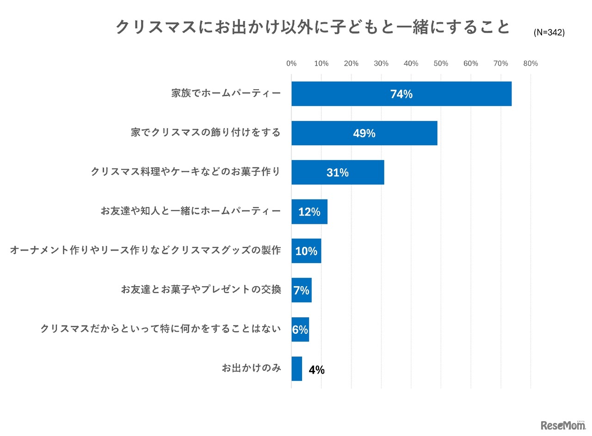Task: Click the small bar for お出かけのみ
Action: tap(296, 369)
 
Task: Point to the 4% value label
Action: tap(317, 370)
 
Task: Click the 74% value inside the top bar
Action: tap(401, 94)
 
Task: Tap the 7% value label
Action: tap(301, 290)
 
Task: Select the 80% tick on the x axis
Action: tap(530, 64)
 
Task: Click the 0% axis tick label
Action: tap(291, 64)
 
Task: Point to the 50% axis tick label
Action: tap(441, 64)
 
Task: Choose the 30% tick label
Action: tap(381, 64)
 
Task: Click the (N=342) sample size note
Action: tap(549, 33)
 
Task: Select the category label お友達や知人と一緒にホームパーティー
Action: tap(191, 212)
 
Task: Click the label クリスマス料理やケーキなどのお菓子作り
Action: tap(185, 172)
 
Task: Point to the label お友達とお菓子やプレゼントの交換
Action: tap(201, 290)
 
